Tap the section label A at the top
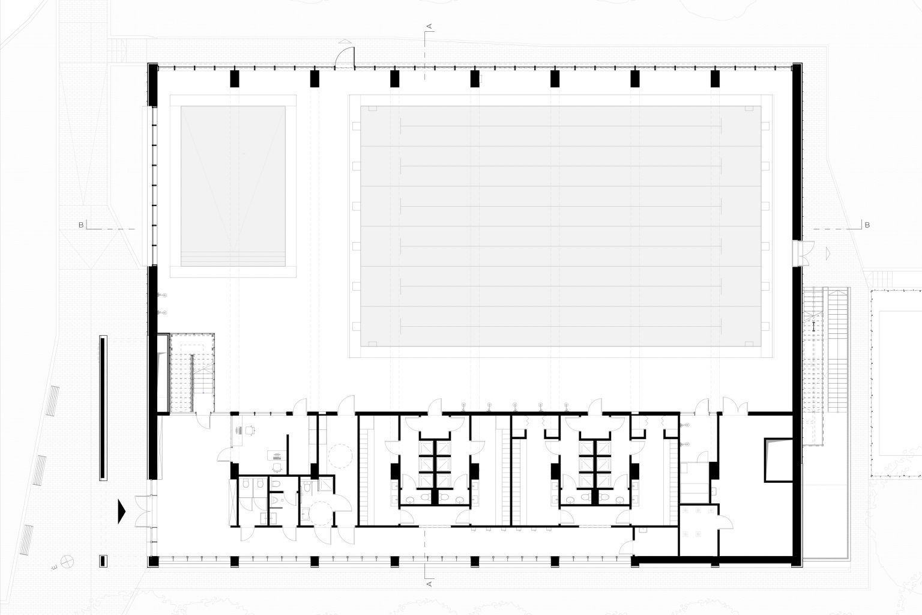pos(429,26)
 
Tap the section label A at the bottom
pos(429,583)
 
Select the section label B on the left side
pos(80,225)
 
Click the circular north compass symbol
pos(69,562)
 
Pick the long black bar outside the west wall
pos(103,408)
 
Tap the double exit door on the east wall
pos(803,252)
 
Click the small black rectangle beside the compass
pos(103,561)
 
